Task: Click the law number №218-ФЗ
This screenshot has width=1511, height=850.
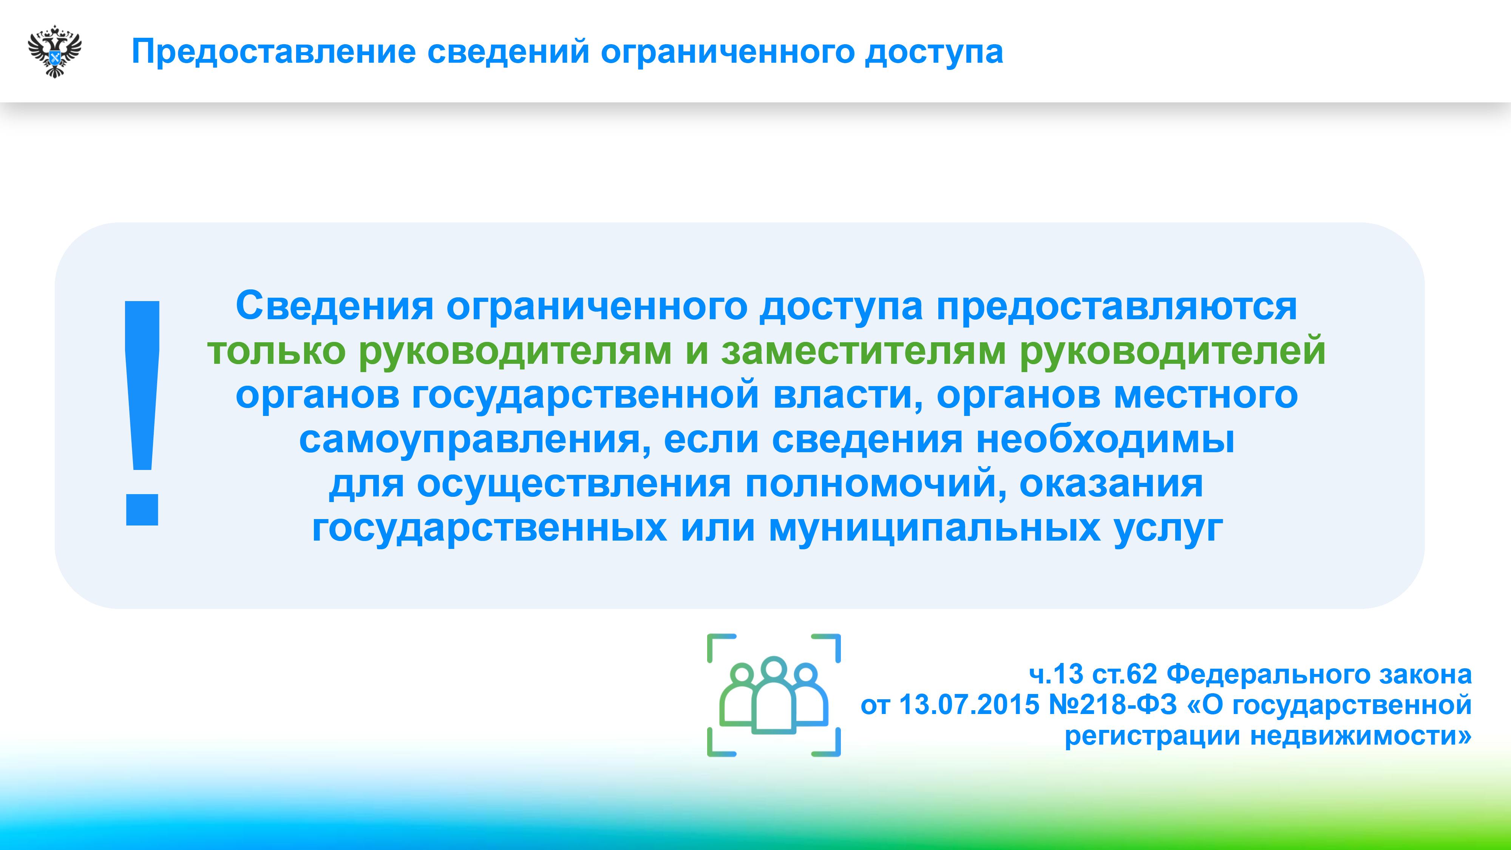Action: pyautogui.click(x=1113, y=705)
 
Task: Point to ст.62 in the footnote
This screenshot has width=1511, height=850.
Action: pyautogui.click(x=1125, y=675)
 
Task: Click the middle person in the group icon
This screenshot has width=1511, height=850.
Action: pyautogui.click(x=774, y=695)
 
